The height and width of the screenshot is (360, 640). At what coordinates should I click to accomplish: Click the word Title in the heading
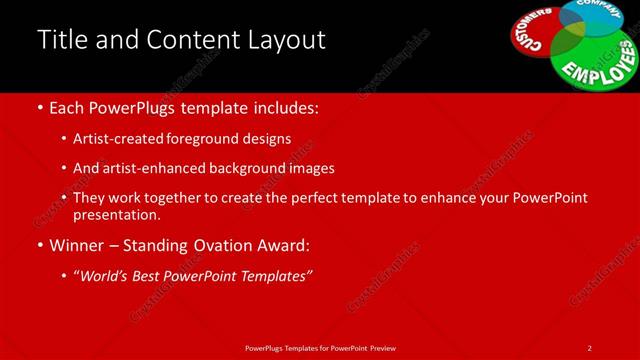[x=60, y=40]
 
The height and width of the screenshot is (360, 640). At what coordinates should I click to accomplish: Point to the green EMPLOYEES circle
[x=595, y=60]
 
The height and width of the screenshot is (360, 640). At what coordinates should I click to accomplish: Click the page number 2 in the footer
[x=589, y=347]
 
